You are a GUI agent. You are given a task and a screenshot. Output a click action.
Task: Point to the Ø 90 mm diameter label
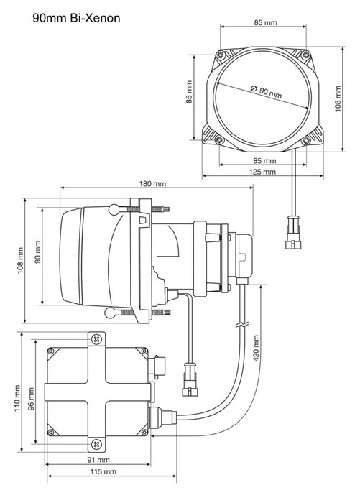click(267, 92)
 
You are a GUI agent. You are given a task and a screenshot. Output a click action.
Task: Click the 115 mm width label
click(104, 472)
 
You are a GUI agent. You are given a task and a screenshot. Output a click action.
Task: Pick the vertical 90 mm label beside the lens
click(37, 257)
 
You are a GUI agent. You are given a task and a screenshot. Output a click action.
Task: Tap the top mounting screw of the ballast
click(96, 338)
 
